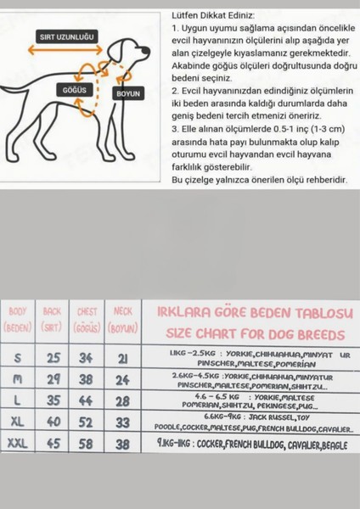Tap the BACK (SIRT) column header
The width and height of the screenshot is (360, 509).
(53, 318)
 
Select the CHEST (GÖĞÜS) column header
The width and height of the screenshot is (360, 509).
(87, 318)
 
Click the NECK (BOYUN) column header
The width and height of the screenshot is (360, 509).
(123, 318)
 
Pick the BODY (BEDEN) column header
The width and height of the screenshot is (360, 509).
(18, 318)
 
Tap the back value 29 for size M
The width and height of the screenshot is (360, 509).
(53, 379)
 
